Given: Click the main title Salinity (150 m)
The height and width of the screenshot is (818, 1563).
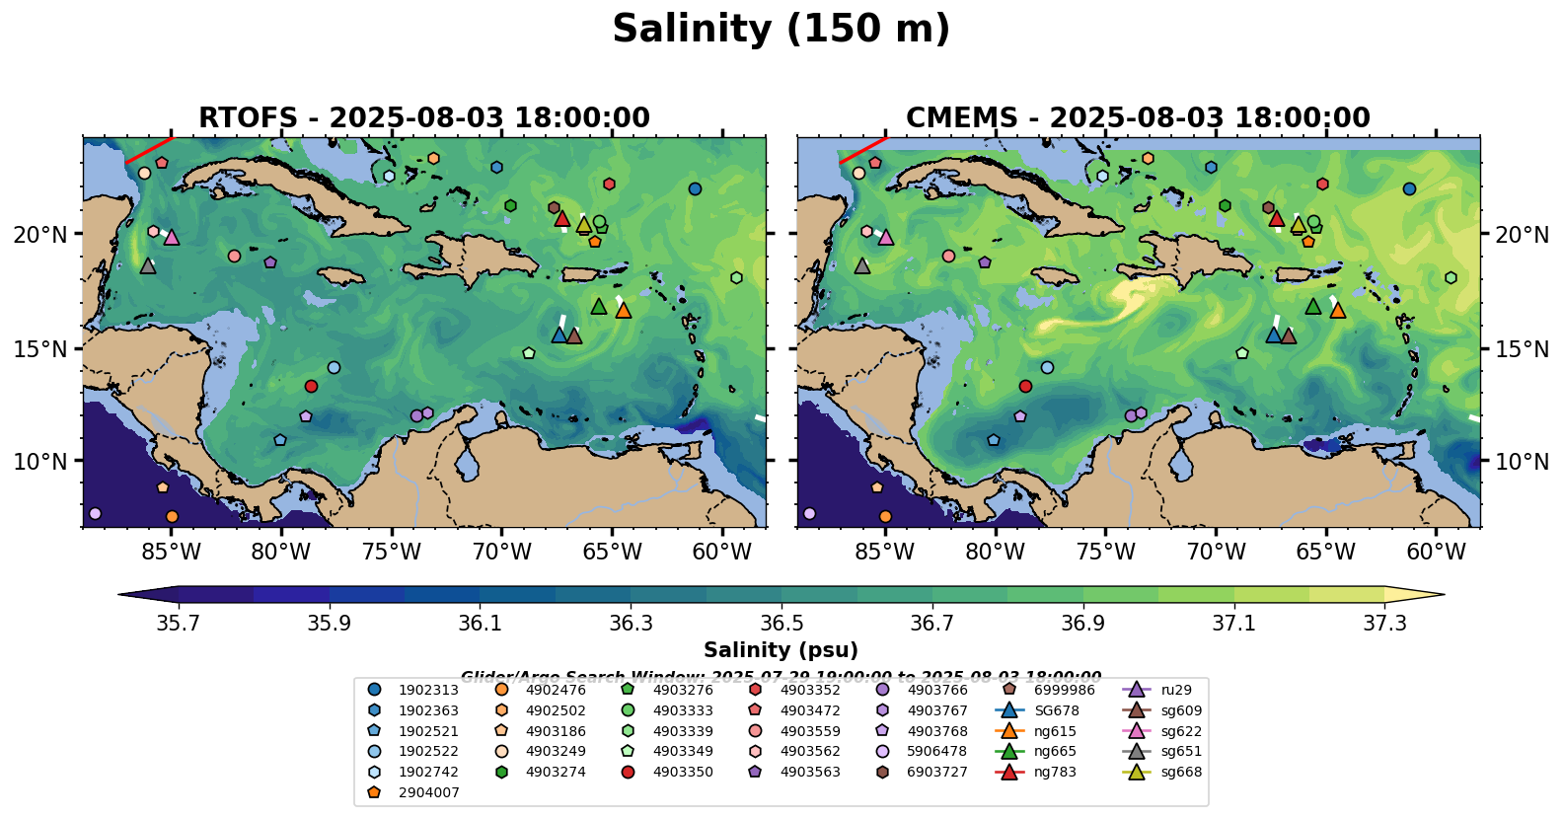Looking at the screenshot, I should tap(781, 30).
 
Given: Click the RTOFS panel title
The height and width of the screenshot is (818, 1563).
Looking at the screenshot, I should tap(424, 118).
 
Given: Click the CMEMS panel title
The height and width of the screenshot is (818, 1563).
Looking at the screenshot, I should tap(1138, 118).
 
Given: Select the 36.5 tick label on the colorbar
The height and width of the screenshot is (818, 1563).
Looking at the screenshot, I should tap(781, 624).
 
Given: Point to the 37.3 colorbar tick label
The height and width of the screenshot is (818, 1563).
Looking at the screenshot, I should tap(1384, 624).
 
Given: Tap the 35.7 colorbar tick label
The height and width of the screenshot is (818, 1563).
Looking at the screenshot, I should tap(179, 624).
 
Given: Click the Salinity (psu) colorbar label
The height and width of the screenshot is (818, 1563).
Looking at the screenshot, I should tap(781, 650).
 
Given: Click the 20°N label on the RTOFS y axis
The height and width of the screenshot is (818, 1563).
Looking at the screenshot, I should tap(40, 235).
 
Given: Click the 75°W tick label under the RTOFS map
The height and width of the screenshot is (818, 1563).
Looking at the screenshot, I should tap(392, 552).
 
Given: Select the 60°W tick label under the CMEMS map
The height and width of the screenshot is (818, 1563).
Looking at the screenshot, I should tap(1436, 552).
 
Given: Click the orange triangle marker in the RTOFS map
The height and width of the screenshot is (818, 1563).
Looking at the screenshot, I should tap(624, 311).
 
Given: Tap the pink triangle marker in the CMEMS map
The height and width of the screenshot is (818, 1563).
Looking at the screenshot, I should tap(886, 238).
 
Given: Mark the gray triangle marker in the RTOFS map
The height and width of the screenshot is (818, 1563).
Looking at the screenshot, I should tap(148, 266).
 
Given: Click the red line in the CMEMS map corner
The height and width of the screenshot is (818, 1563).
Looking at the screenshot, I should tap(860, 150).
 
